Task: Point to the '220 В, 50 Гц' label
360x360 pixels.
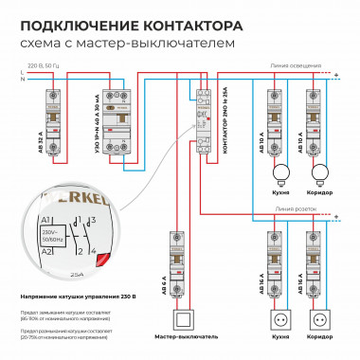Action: (x=43, y=65)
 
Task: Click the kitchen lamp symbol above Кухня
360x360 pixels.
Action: (x=279, y=172)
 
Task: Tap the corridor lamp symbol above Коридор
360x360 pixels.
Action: (x=320, y=172)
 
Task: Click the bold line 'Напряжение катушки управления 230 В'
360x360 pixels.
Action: (x=78, y=297)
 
